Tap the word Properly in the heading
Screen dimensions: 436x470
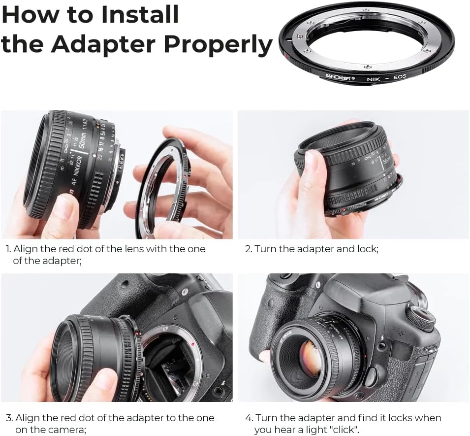(218, 44)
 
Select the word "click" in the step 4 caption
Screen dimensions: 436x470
(346, 430)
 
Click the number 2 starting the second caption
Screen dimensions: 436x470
(248, 249)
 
